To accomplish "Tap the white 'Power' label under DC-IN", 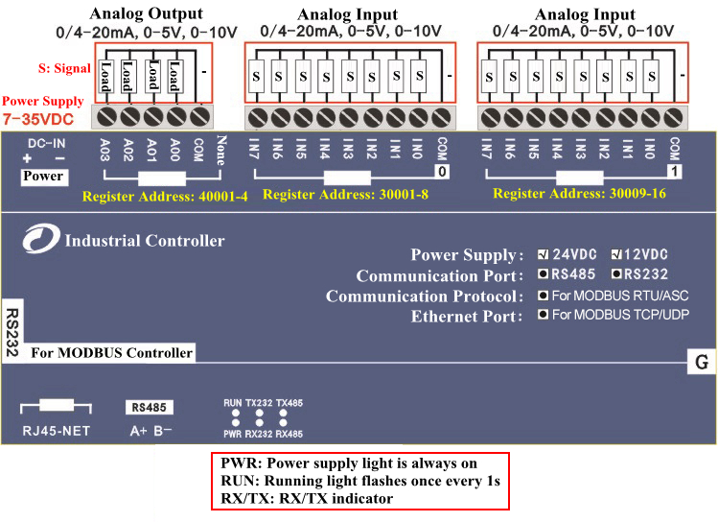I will tap(43, 176).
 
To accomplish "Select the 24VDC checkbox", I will tap(544, 254).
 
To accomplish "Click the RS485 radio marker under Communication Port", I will tap(543, 274).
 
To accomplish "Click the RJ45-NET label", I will tap(57, 431).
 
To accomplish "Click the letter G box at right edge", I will tap(702, 363).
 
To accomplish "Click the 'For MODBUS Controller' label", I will tap(111, 353).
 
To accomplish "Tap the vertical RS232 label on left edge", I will tap(12, 332).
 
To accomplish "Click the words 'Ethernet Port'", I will tap(468, 316).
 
